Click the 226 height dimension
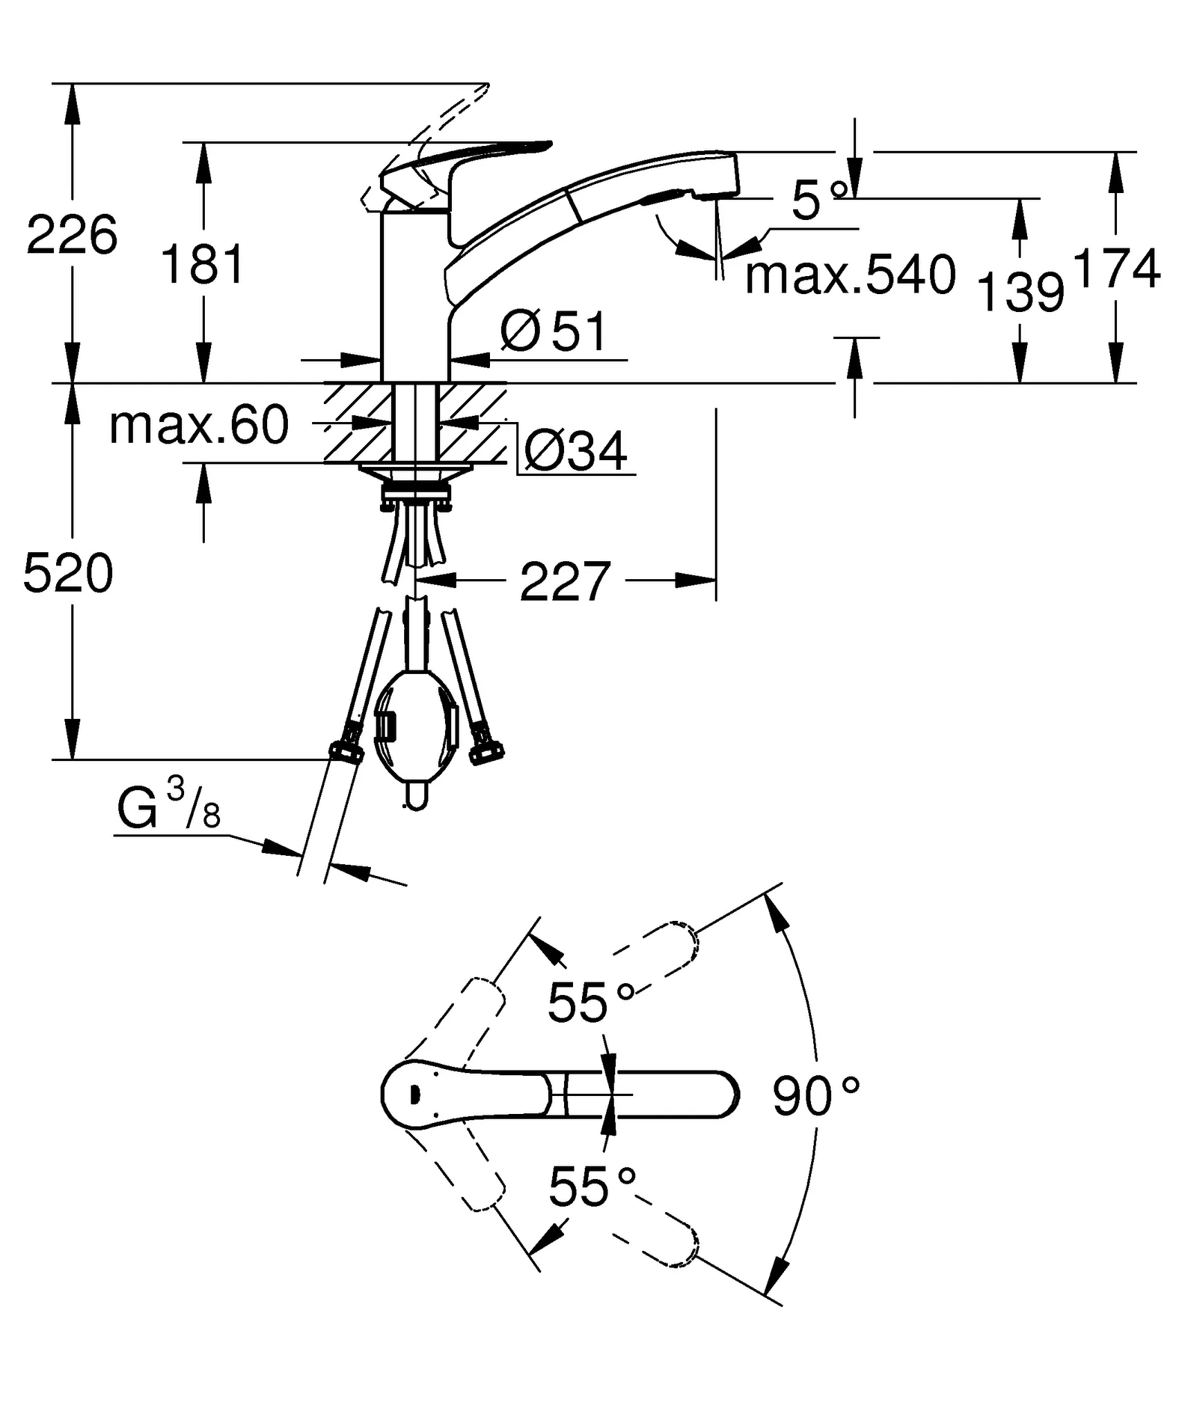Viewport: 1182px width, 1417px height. point(72,236)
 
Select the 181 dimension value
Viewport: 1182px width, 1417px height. point(202,264)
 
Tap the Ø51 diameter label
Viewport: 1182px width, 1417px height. point(553,332)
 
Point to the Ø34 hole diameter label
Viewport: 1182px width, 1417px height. point(575,450)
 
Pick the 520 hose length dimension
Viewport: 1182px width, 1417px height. point(68,574)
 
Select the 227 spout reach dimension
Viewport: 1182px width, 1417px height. point(565,582)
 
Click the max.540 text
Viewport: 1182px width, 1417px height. point(850,275)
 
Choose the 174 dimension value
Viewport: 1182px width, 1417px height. point(1116,268)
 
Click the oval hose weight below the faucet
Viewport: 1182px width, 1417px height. point(415,726)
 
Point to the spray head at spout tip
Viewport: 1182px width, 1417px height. point(713,176)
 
